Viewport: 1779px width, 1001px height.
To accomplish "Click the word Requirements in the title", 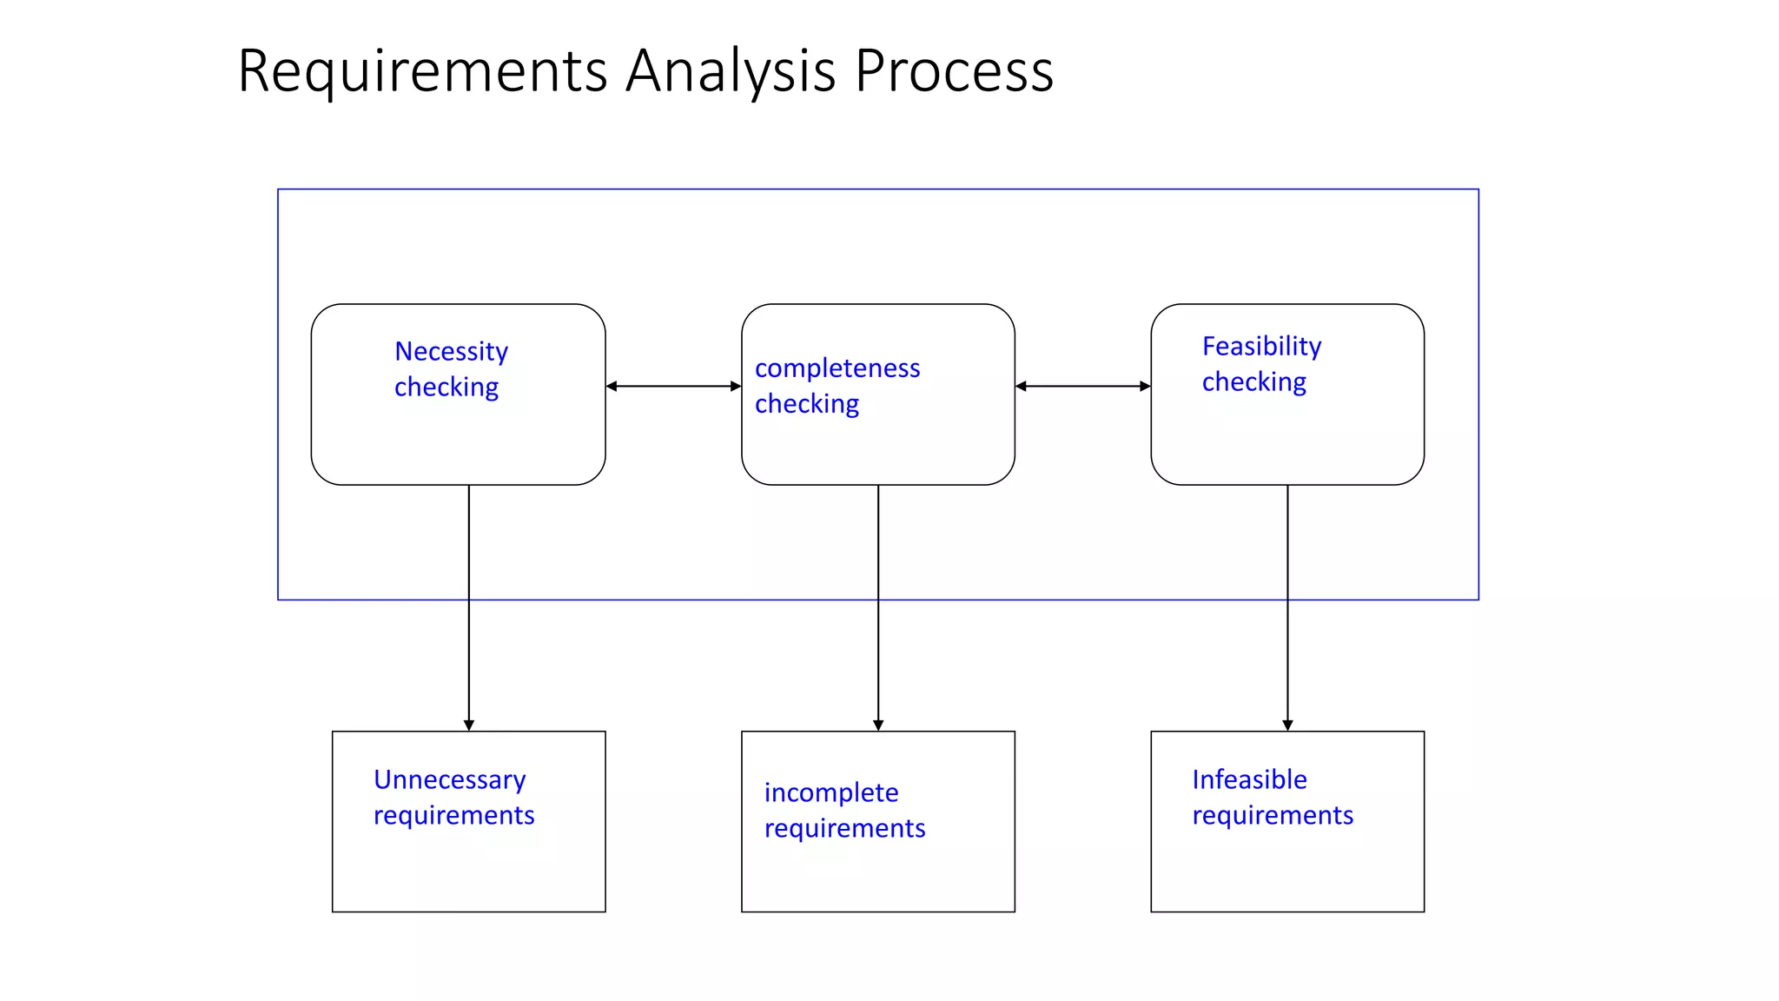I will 422,71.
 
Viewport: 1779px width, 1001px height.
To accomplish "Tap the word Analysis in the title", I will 730,71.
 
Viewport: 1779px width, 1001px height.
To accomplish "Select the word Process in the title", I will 954,71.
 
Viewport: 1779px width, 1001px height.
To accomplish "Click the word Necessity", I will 451,351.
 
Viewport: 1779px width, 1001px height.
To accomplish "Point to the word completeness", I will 837,368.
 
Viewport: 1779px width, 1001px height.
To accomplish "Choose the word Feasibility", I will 1261,346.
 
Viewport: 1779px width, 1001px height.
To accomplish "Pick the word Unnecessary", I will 449,779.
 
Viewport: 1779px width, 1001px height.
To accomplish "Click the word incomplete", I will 831,792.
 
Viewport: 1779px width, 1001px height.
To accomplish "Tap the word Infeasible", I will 1249,779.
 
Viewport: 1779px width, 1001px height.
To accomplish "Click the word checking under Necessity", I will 446,388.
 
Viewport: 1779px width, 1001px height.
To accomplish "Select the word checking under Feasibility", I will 1253,382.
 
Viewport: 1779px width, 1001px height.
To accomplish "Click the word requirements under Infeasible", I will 1273,815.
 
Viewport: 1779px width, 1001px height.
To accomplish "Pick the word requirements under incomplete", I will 844,828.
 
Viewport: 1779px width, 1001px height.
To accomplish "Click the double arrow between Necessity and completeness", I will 673,386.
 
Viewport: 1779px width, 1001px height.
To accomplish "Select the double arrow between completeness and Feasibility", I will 1082,386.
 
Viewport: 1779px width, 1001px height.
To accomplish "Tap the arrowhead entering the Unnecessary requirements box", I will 469,725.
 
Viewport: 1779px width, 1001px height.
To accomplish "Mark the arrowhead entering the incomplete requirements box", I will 878,725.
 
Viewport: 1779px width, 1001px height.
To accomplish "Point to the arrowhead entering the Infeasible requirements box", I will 1287,725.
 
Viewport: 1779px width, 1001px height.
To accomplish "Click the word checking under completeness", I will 806,404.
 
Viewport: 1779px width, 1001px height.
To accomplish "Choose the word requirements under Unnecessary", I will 453,815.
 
